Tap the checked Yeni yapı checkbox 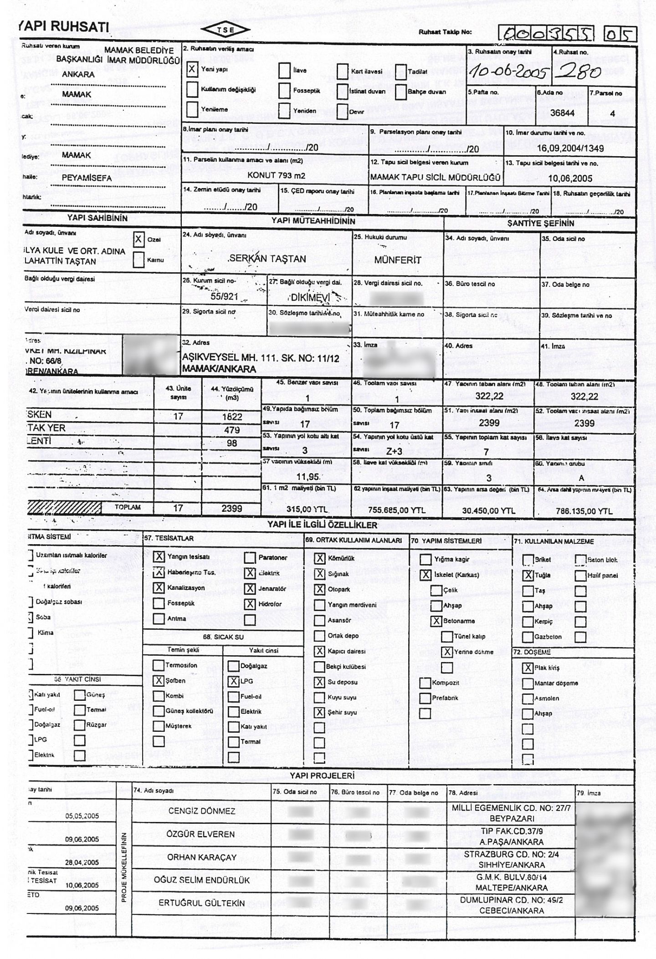pos(193,70)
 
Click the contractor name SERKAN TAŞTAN pos(267,259)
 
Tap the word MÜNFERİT pos(397,260)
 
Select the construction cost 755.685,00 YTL pos(397,510)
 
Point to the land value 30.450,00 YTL pos(488,511)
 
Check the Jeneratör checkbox pos(250,589)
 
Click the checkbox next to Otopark pos(320,589)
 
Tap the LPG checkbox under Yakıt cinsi pos(234,681)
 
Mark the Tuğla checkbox pos(528,576)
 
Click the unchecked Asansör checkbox pos(320,620)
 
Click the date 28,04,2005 pos(82,862)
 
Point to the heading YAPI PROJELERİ pos(322,775)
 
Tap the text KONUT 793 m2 pos(276,175)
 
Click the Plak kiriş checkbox pos(528,668)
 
